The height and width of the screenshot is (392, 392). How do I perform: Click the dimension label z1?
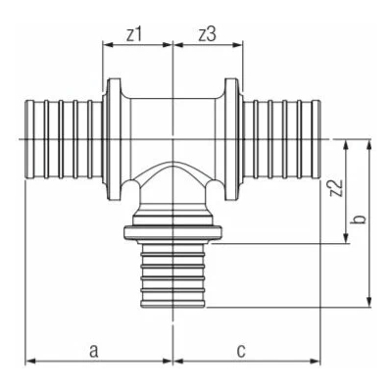click(x=134, y=35)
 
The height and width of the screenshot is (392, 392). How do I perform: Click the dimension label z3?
click(x=208, y=35)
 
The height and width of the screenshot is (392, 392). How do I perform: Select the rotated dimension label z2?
click(x=337, y=188)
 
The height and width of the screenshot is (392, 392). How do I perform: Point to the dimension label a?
click(x=94, y=351)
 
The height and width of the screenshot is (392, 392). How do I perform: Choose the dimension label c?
click(x=241, y=351)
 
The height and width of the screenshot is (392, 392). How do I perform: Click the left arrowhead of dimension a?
click(x=30, y=361)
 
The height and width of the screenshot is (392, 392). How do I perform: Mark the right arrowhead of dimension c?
click(x=316, y=361)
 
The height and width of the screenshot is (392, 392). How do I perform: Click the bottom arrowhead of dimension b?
click(x=369, y=302)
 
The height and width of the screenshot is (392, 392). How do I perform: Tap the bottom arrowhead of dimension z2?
click(x=346, y=238)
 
